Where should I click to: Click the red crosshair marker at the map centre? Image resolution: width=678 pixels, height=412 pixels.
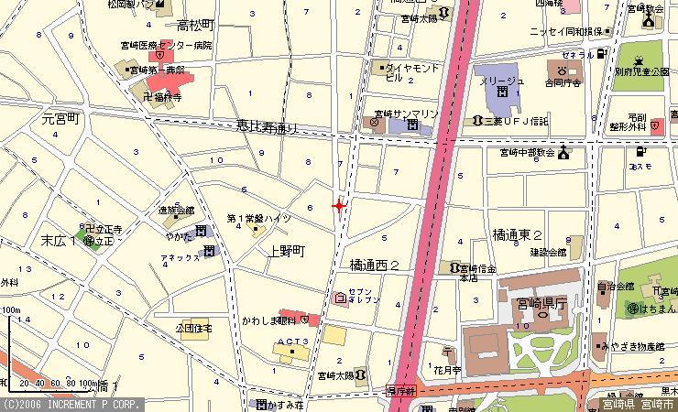click(x=340, y=207)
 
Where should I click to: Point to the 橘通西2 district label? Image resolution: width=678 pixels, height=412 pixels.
click(x=375, y=265)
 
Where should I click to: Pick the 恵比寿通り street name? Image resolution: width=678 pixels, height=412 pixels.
click(x=268, y=129)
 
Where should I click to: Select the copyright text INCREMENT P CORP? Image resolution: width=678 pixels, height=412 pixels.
click(x=72, y=404)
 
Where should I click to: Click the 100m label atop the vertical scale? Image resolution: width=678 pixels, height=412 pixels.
click(x=11, y=310)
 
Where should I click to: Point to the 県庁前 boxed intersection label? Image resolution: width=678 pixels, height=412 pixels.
click(x=400, y=390)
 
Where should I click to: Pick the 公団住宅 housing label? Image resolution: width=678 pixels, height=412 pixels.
click(x=193, y=328)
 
